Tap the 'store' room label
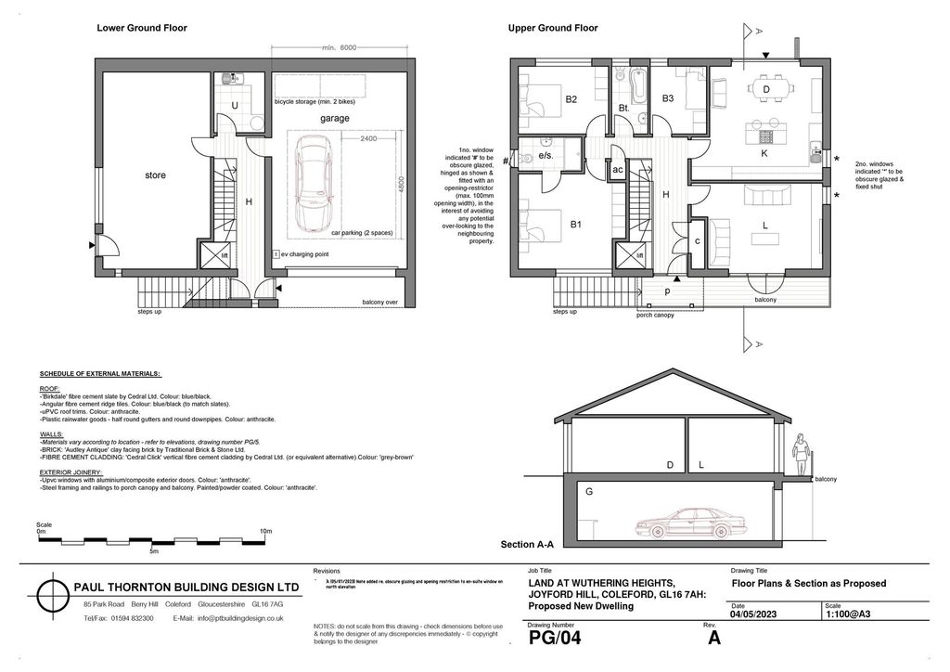click(155, 174)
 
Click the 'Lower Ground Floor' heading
click(142, 28)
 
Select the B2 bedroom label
click(571, 99)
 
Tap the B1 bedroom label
click(575, 225)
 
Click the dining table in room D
click(766, 89)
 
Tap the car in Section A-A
click(686, 523)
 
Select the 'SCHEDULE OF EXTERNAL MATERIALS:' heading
click(100, 373)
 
